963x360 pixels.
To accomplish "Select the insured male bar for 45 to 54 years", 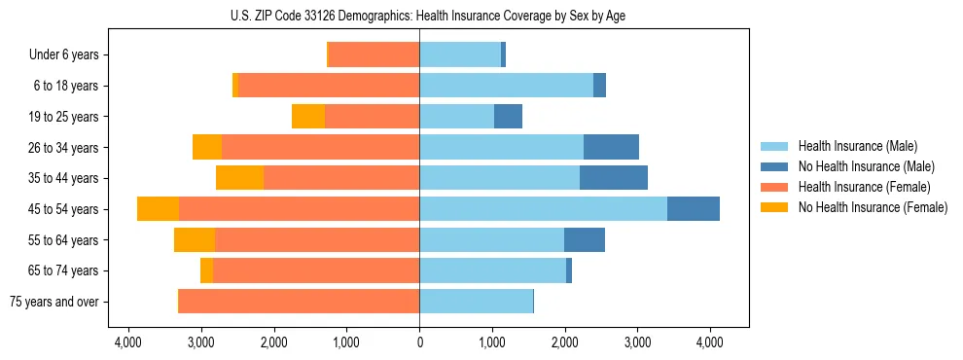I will coord(543,209).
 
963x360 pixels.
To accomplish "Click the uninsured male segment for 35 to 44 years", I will coord(614,178).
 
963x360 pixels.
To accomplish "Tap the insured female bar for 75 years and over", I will coord(299,302).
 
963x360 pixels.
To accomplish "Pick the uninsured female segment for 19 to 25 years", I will coord(308,117).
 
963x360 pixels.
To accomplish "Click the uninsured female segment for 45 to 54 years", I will coord(158,209).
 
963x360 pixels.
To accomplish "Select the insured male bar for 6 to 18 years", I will coord(506,86).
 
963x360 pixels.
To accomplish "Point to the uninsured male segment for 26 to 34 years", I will coord(611,147).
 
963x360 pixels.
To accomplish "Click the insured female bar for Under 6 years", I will coord(374,55).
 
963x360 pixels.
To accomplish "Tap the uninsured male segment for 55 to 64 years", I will coord(585,239).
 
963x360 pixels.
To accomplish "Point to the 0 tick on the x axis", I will coord(419,342).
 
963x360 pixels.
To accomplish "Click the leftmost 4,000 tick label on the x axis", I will coord(128,342).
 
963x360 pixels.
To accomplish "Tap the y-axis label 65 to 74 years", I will coord(64,270).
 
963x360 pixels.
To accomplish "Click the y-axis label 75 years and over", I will coord(54,302).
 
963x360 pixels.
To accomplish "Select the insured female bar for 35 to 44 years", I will coord(340,178).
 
